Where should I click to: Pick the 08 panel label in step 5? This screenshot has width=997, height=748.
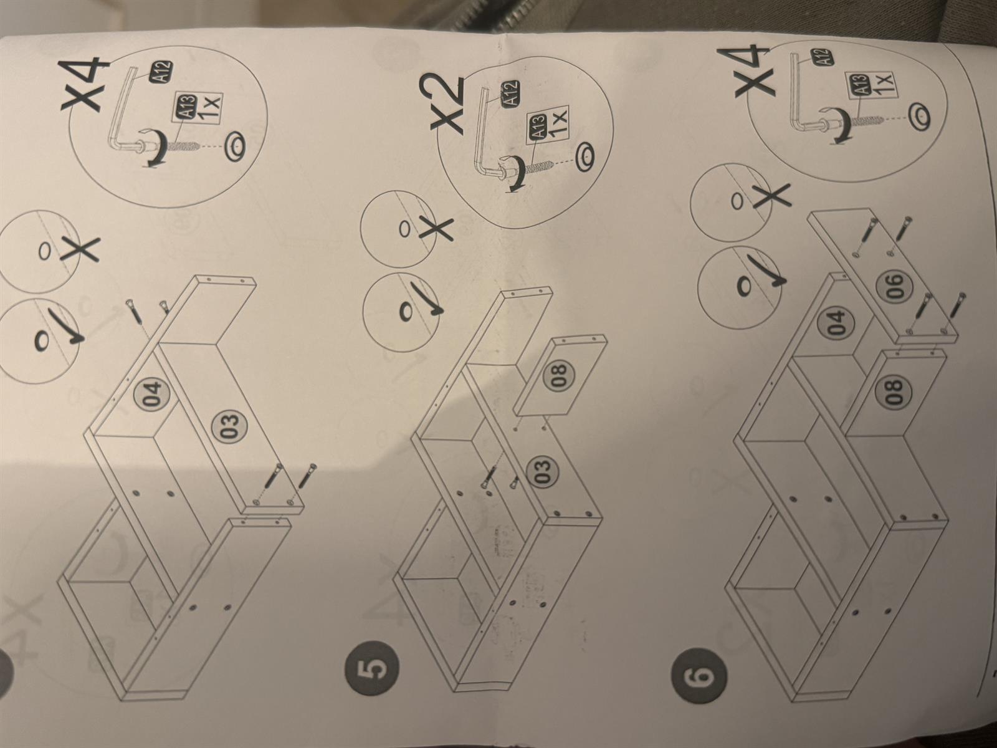[558, 376]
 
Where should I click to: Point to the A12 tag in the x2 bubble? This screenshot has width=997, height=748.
[510, 93]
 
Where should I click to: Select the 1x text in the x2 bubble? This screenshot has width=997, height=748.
[557, 121]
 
